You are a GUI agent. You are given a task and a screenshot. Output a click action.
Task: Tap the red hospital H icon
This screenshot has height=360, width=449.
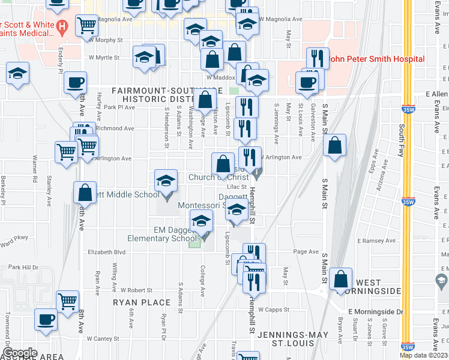(62, 27)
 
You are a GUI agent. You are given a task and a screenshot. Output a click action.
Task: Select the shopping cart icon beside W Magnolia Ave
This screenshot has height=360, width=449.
(87, 26)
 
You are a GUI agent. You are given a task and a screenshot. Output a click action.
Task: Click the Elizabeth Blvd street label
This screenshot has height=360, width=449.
(107, 252)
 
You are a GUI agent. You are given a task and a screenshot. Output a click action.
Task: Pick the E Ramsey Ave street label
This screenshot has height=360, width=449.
(376, 241)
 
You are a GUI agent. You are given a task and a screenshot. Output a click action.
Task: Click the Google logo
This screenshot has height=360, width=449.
(20, 353)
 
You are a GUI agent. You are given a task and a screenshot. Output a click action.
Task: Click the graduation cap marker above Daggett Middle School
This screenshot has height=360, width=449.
(167, 181)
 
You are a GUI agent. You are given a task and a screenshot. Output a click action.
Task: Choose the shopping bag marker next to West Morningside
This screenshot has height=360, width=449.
(341, 280)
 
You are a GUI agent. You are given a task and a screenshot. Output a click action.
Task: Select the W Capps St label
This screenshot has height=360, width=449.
(274, 310)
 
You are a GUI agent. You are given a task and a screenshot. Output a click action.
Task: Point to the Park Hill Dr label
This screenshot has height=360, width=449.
(23, 267)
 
